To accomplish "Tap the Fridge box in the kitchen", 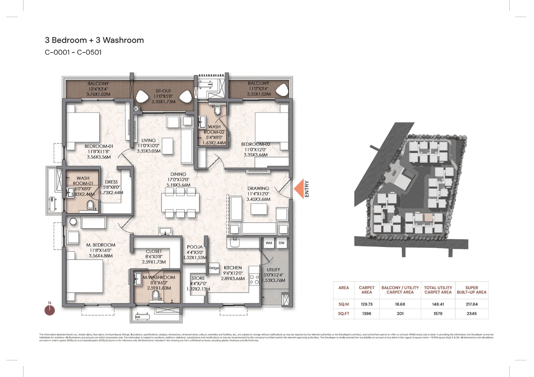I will pos(214,268).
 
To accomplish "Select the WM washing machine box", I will pos(268,243).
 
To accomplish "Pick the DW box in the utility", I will pos(282,243).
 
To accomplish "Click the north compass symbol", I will pos(50,309).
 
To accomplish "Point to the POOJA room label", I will pos(195,247).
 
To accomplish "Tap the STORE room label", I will pos(198,278).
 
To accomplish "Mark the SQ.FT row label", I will pos(344,313).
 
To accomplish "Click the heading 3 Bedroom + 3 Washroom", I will pos(94,40).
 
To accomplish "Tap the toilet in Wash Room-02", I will pos(217,111).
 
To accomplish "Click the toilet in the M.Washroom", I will pos(156,295).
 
